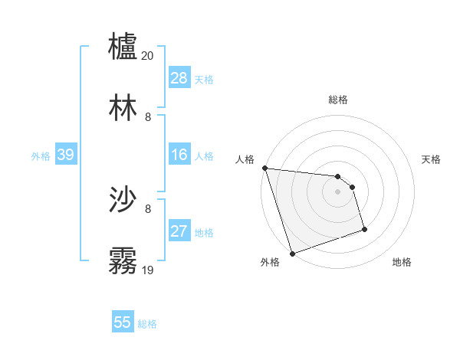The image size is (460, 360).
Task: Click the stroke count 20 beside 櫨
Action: pyautogui.click(x=148, y=56)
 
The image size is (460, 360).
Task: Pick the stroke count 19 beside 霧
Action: pyautogui.click(x=148, y=270)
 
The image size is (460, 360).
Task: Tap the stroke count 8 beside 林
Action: pyautogui.click(x=148, y=116)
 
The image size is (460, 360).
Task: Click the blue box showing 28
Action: pyautogui.click(x=179, y=78)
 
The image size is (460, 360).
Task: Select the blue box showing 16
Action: pyautogui.click(x=179, y=155)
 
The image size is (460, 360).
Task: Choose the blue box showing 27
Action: pyautogui.click(x=179, y=231)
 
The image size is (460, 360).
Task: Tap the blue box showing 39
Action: pyautogui.click(x=65, y=155)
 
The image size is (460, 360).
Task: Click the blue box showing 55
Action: pyautogui.click(x=123, y=322)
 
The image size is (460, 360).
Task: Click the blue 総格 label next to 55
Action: pyautogui.click(x=147, y=324)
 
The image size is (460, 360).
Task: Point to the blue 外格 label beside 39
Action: pyautogui.click(x=41, y=156)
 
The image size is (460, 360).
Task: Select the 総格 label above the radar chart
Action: pyautogui.click(x=337, y=100)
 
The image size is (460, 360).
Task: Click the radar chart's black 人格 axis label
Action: pyautogui.click(x=245, y=159)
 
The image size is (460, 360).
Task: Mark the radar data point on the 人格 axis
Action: pyautogui.click(x=264, y=168)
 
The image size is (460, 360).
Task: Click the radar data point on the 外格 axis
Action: pyautogui.click(x=292, y=253)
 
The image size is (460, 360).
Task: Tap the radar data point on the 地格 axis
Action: pyautogui.click(x=364, y=229)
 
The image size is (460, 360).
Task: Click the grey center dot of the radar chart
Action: pyautogui.click(x=337, y=191)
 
